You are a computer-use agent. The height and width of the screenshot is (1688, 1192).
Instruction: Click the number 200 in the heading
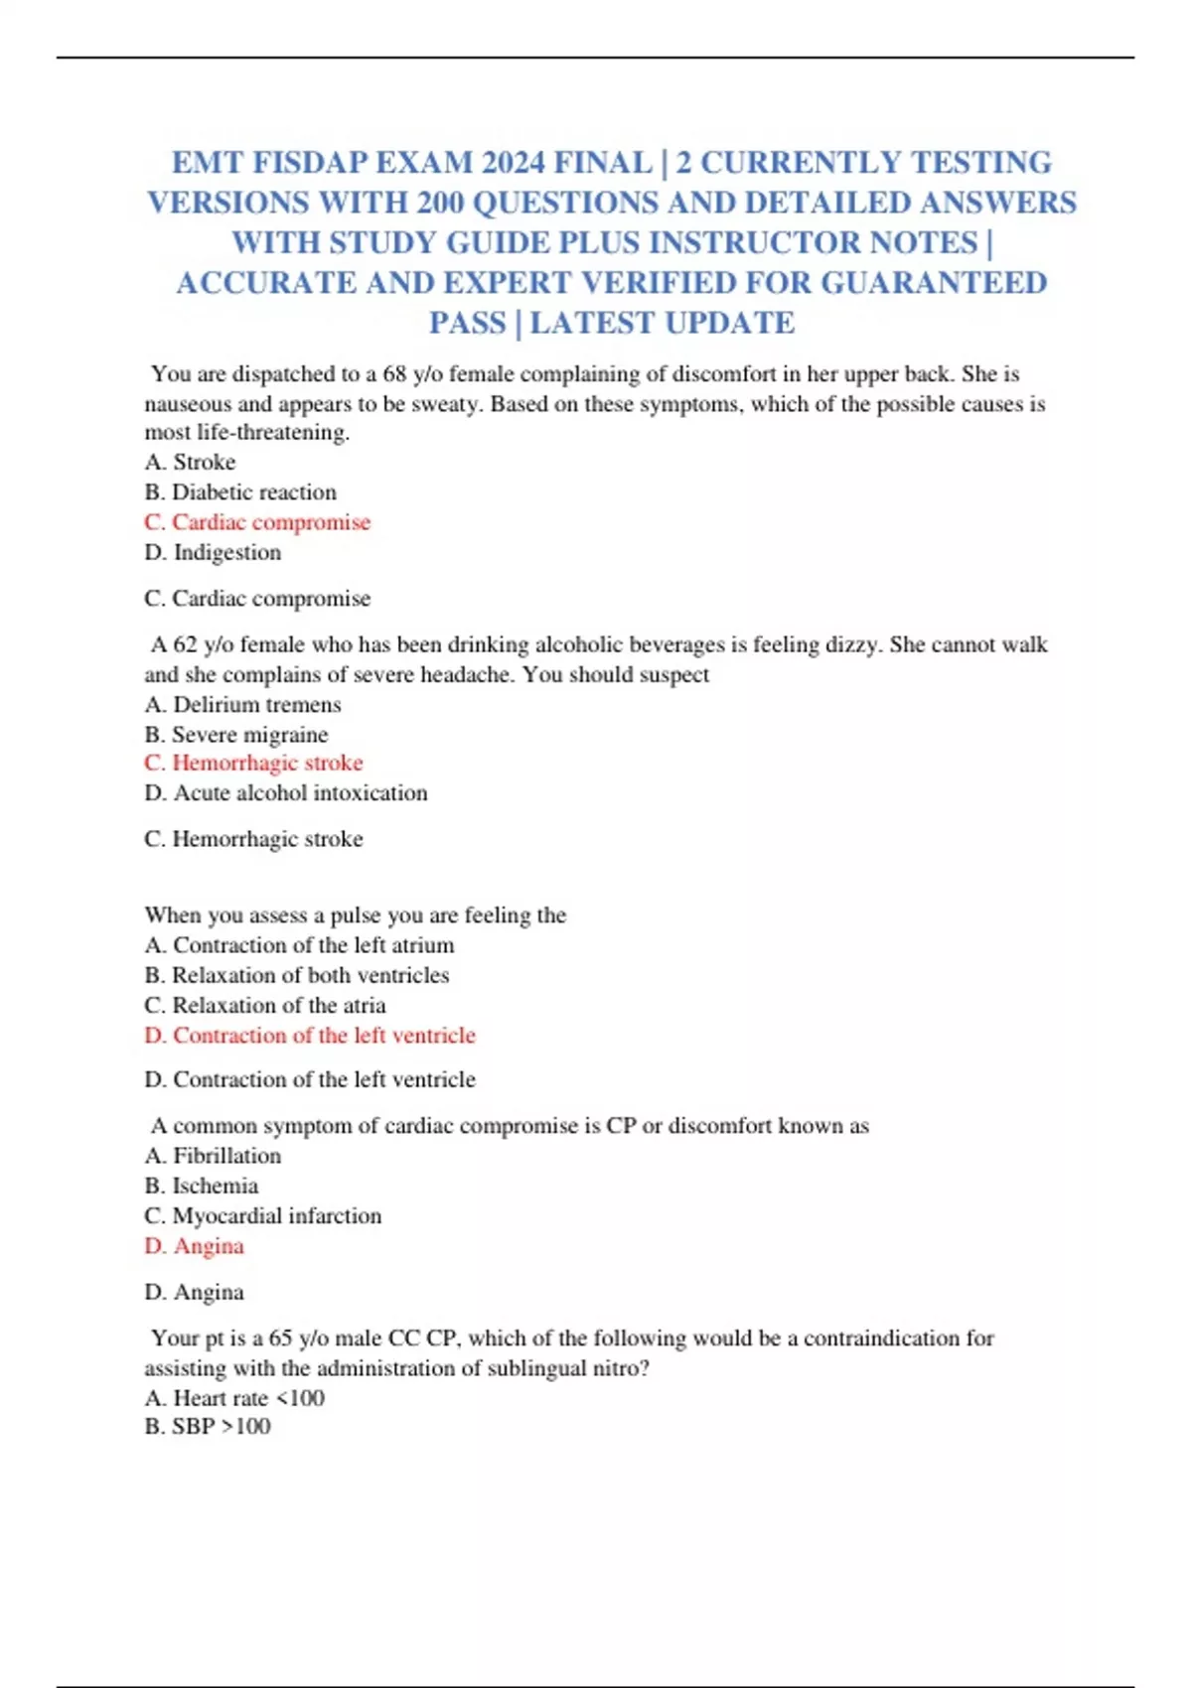(440, 203)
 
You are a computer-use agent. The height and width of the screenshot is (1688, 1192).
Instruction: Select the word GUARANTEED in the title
(934, 283)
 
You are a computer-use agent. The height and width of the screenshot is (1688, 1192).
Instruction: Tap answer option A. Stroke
(190, 462)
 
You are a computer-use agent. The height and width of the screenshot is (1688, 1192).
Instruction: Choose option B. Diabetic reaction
(240, 492)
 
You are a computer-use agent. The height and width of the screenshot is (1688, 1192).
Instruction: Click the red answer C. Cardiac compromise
(257, 522)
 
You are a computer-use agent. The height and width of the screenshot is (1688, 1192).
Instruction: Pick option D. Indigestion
(213, 552)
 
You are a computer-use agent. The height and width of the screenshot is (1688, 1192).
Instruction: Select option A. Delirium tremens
(242, 704)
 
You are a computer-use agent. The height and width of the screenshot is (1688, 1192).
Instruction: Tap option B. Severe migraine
(235, 734)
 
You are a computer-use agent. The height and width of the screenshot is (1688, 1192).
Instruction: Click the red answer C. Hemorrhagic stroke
(253, 763)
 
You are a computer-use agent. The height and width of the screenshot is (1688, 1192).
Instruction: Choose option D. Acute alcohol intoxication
(286, 792)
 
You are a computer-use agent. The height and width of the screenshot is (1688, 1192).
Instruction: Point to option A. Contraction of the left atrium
(299, 944)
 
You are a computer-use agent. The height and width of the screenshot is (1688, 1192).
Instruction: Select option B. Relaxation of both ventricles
(296, 975)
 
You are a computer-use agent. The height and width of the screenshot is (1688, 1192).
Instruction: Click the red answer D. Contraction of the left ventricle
(310, 1035)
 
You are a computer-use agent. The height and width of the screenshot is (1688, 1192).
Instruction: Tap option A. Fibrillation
(213, 1155)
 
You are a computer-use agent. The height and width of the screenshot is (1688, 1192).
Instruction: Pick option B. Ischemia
(201, 1186)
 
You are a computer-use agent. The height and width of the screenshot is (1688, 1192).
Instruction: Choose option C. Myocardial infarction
(262, 1215)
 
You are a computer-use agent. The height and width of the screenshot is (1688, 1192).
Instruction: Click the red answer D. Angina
(194, 1245)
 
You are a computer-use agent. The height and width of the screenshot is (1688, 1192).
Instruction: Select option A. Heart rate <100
(234, 1398)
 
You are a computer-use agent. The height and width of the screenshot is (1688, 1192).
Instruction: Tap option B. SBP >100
(208, 1426)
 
